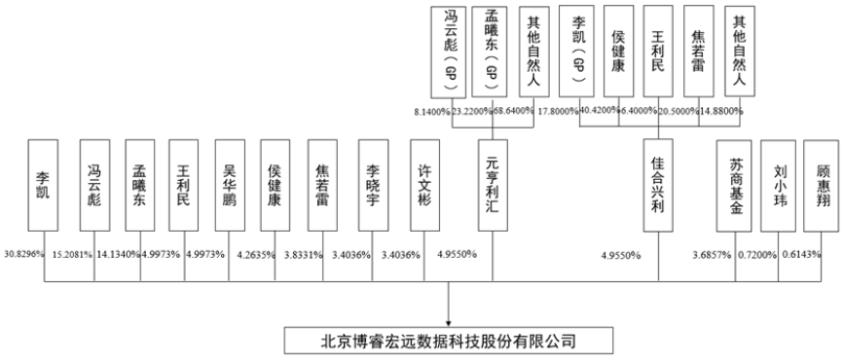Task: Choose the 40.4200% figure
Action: [603, 112]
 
